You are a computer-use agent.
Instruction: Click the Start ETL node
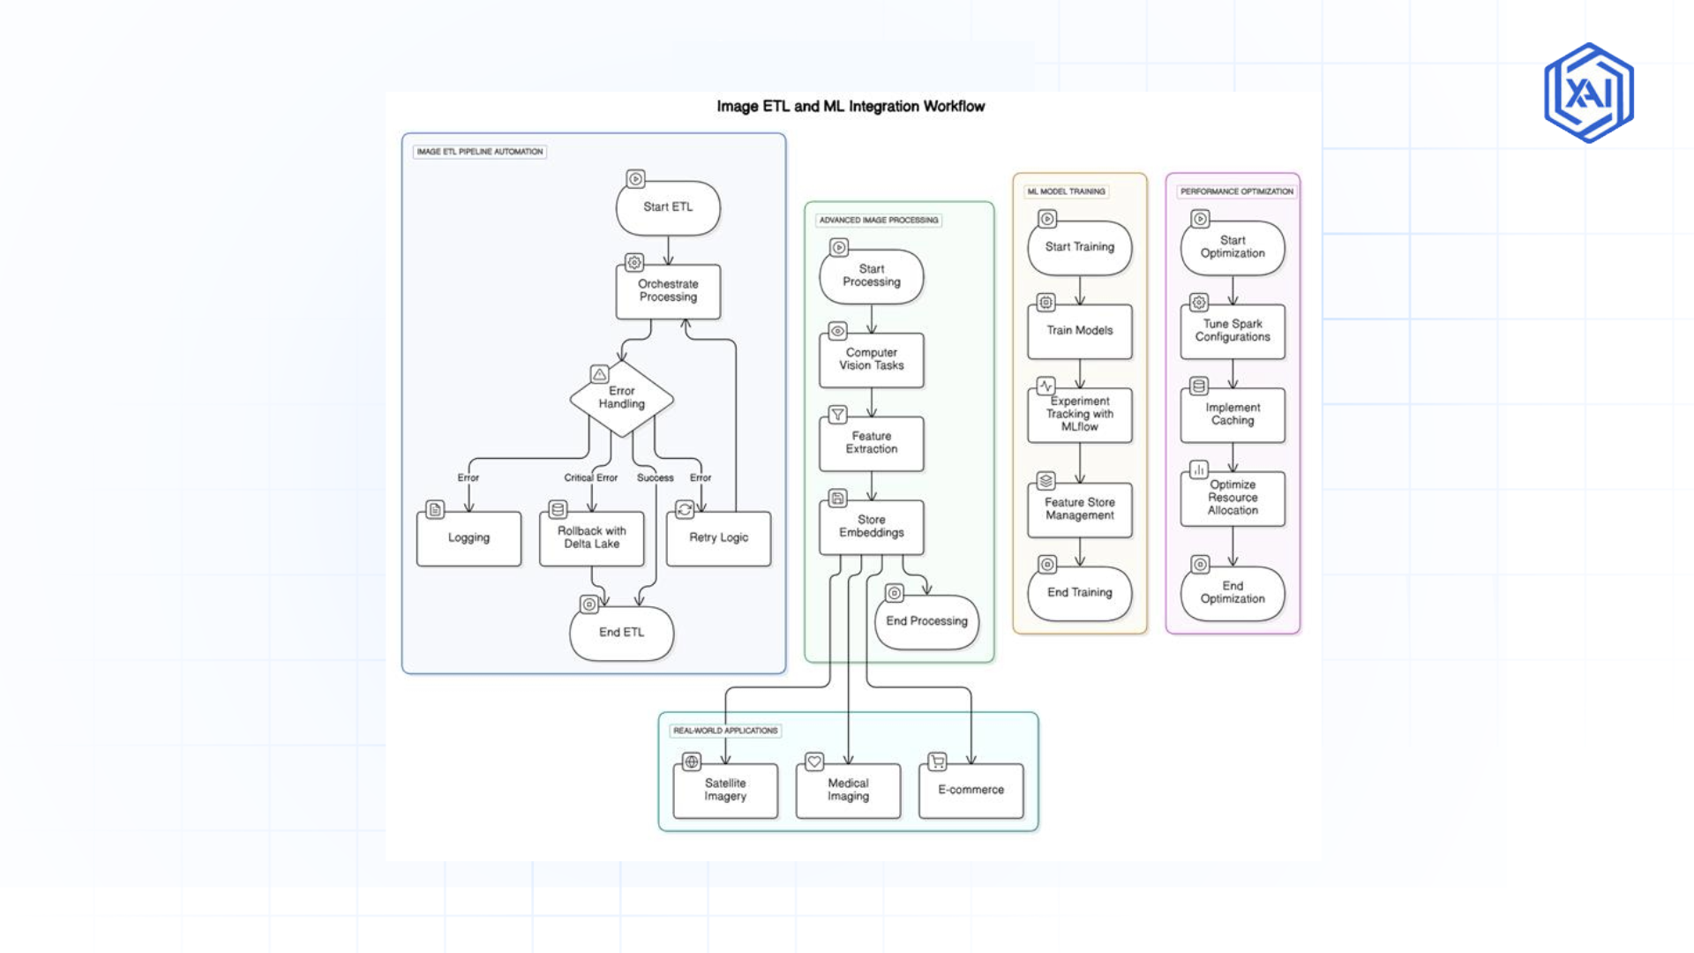pyautogui.click(x=668, y=207)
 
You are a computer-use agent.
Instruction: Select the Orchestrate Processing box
pyautogui.click(x=668, y=291)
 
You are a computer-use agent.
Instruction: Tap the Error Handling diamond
pyautogui.click(x=621, y=398)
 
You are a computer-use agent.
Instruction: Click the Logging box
pyautogui.click(x=468, y=538)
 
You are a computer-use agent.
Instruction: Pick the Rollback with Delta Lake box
pyautogui.click(x=591, y=538)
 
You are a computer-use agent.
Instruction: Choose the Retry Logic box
pyautogui.click(x=718, y=538)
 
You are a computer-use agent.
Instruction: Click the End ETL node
pyautogui.click(x=621, y=633)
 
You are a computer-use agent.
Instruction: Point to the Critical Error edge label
pyautogui.click(x=590, y=477)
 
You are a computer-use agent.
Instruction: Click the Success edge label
pyautogui.click(x=655, y=477)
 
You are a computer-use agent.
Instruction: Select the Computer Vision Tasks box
pyautogui.click(x=871, y=359)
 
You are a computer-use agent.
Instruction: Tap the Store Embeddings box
pyautogui.click(x=871, y=527)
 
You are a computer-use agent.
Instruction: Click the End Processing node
pyautogui.click(x=926, y=621)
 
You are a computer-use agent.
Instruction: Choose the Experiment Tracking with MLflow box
pyautogui.click(x=1079, y=415)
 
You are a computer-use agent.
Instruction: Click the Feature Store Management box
pyautogui.click(x=1079, y=509)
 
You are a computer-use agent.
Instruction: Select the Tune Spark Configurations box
pyautogui.click(x=1232, y=331)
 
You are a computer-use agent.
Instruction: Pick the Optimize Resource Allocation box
pyautogui.click(x=1232, y=499)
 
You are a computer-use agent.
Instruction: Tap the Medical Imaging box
pyautogui.click(x=847, y=790)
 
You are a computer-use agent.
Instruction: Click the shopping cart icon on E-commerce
pyautogui.click(x=937, y=762)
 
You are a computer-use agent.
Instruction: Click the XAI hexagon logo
pyautogui.click(x=1588, y=93)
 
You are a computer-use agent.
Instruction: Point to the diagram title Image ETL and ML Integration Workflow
pyautogui.click(x=850, y=107)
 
